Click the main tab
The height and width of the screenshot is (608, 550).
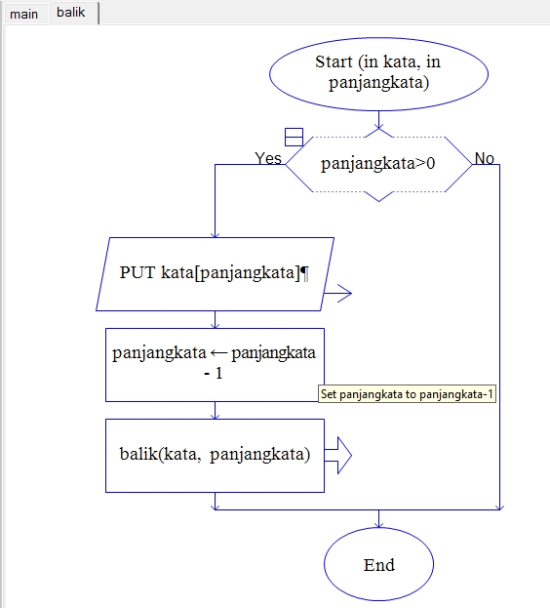[x=24, y=14]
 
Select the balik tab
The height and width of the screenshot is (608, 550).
[x=70, y=13]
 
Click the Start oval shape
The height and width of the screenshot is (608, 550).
[x=378, y=72]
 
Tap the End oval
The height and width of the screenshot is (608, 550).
[x=378, y=565]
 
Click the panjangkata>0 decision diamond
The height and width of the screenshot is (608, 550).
[x=378, y=164]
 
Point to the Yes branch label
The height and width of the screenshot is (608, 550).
[x=268, y=158]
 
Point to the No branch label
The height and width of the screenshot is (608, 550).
[x=484, y=158]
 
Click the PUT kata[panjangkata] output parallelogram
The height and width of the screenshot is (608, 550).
[x=215, y=273]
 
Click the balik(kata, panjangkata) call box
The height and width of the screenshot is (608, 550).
[x=215, y=455]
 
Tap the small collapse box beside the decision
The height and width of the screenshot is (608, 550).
[x=294, y=137]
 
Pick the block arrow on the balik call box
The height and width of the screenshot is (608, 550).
[x=337, y=455]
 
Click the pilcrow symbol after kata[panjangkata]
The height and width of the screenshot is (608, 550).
[x=305, y=273]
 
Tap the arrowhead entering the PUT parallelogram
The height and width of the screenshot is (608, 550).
[x=215, y=234]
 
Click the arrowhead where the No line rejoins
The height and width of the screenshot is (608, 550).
[x=499, y=507]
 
